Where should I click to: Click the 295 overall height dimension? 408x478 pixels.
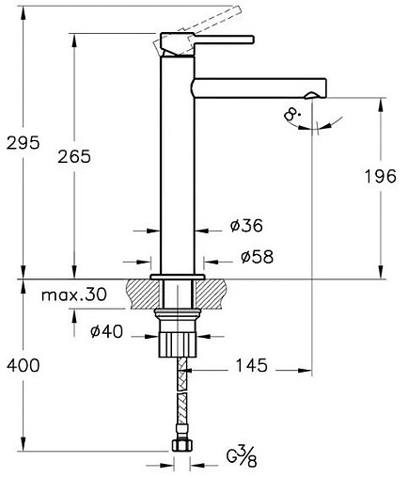23,142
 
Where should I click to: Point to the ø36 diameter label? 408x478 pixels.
245,226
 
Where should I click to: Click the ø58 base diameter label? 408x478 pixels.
257,257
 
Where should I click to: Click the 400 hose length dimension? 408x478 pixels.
23,365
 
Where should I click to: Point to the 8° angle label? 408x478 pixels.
292,117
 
